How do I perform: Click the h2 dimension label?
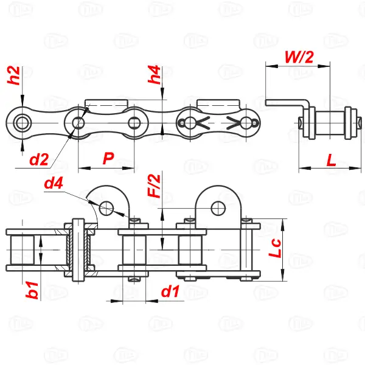click(13, 75)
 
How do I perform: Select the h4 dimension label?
click(154, 74)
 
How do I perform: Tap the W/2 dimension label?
click(299, 57)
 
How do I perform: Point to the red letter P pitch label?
click(108, 158)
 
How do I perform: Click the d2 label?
click(39, 159)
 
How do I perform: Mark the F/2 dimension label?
click(154, 186)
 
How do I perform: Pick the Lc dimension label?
click(275, 248)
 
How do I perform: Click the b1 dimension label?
click(32, 290)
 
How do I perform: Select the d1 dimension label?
click(170, 291)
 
